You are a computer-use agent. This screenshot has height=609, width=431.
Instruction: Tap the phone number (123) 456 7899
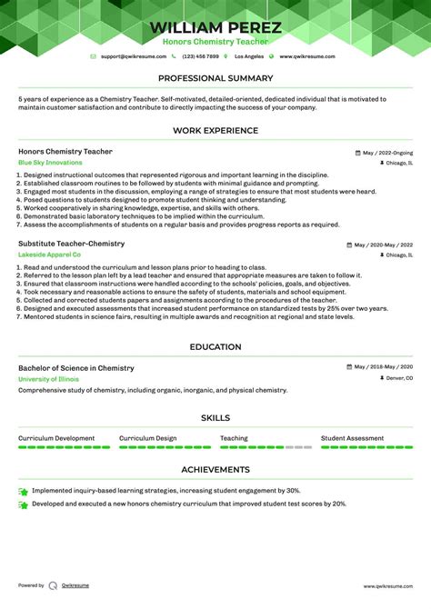(200, 56)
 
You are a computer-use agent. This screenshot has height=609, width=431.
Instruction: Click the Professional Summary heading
(215, 78)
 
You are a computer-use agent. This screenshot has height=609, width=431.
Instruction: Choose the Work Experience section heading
(215, 131)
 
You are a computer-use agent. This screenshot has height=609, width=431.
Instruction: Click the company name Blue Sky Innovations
(50, 163)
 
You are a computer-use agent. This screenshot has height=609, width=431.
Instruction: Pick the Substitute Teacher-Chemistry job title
(71, 245)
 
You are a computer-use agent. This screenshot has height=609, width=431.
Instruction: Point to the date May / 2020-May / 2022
(383, 245)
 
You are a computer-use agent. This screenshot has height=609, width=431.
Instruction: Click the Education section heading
(215, 347)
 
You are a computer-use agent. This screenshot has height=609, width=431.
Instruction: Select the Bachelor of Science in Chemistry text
(75, 368)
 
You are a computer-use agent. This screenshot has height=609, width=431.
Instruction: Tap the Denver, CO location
(398, 378)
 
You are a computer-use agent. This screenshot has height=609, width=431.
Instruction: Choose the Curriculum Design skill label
(147, 438)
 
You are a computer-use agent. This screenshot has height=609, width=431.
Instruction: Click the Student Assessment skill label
(352, 438)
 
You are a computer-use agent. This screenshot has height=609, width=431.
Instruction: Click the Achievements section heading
(215, 470)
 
